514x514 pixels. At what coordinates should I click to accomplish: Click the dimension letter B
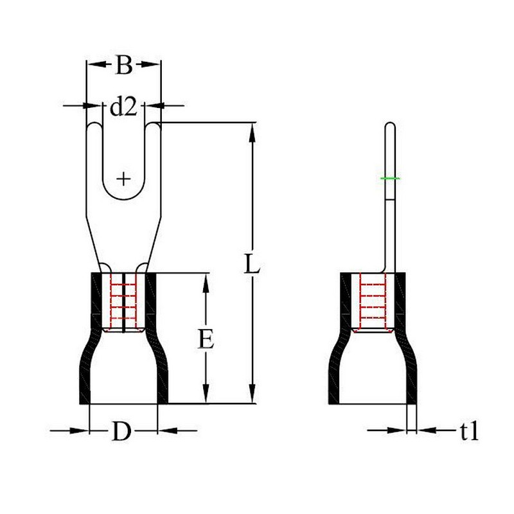124,65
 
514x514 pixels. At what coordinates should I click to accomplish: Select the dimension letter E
206,339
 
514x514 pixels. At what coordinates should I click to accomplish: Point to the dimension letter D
121,430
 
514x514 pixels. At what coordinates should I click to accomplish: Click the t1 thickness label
469,430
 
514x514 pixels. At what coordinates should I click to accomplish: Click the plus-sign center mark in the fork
123,179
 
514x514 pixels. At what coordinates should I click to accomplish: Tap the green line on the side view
390,179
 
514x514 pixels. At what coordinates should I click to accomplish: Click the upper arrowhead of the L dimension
252,132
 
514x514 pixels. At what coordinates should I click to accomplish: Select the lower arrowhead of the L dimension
252,394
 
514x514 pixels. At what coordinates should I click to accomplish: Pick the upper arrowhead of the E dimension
206,283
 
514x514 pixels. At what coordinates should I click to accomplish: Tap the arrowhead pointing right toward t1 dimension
397,430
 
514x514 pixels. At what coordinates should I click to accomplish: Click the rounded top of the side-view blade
390,124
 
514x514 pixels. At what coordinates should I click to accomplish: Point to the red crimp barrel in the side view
373,302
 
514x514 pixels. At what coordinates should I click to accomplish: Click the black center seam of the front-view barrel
123,303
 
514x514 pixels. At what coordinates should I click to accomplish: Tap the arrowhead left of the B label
98,65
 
